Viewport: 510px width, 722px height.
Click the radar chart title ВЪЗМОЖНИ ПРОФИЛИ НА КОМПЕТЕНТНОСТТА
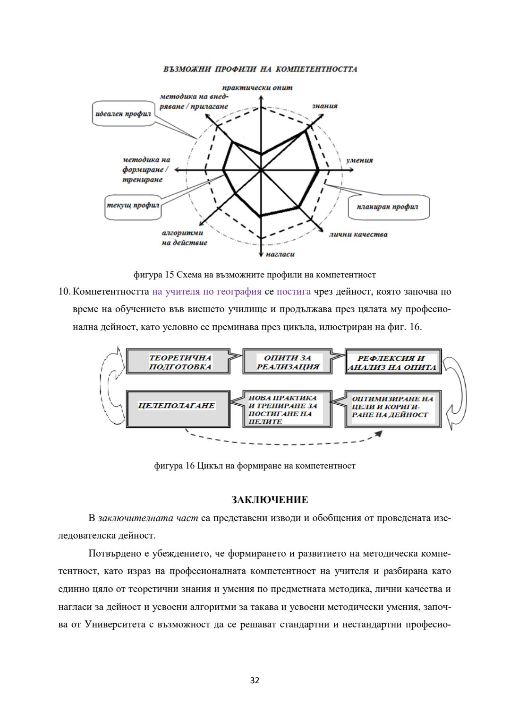pos(260,69)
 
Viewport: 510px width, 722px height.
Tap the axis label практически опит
pos(257,87)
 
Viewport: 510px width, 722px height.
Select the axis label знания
pos(325,106)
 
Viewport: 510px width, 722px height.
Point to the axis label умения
pos(360,160)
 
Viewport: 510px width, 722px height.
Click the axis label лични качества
pos(358,235)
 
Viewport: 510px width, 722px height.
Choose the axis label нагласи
pos(280,254)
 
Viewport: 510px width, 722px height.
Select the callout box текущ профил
pos(132,206)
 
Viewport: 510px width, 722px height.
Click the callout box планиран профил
pos(388,207)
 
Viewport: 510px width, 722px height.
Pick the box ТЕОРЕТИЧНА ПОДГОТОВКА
pos(178,362)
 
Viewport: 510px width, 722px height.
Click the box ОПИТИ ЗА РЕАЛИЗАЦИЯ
pos(287,362)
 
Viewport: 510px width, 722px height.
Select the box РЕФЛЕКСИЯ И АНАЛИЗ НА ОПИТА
pos(392,363)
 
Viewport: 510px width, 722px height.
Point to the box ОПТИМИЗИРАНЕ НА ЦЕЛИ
pos(391,407)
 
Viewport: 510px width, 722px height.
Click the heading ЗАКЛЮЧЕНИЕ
pos(270,500)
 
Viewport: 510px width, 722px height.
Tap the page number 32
pos(255,680)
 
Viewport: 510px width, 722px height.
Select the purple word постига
pos(293,291)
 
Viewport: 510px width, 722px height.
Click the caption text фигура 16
pos(174,466)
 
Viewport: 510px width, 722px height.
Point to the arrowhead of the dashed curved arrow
pos(379,434)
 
